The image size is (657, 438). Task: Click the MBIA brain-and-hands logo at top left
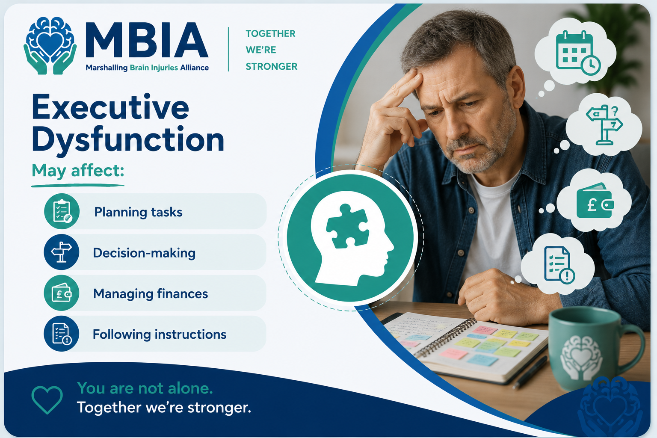click(50, 45)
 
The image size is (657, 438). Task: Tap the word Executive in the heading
click(110, 107)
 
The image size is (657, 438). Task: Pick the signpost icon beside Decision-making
click(62, 252)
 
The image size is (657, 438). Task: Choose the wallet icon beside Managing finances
click(62, 293)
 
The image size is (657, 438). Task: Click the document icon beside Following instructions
click(62, 334)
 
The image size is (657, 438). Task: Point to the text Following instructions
click(160, 334)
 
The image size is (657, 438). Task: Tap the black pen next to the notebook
click(530, 373)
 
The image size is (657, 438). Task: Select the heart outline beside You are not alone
click(47, 399)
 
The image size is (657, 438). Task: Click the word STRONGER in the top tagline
click(271, 67)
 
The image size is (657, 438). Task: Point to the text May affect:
click(78, 171)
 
